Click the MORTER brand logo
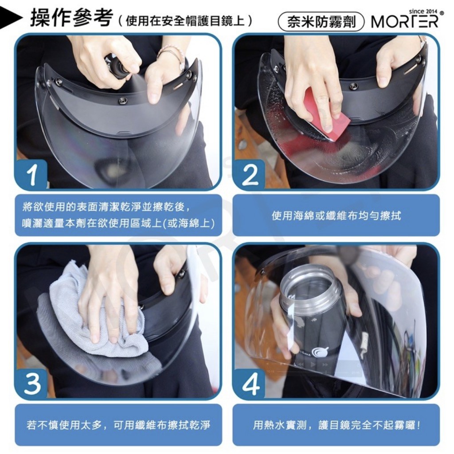pos(405,21)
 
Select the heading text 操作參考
pos(71,18)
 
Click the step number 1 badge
pos(31,175)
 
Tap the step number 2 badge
pos(249,175)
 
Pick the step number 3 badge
pos(31,384)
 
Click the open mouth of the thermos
pos(310,282)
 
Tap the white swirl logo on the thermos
pos(320,352)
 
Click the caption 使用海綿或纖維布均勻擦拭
pos(336,216)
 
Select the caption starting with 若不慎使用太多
pos(118,425)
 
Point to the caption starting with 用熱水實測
pos(337,425)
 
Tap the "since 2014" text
pos(423,11)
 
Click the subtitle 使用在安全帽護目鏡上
pos(185,21)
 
